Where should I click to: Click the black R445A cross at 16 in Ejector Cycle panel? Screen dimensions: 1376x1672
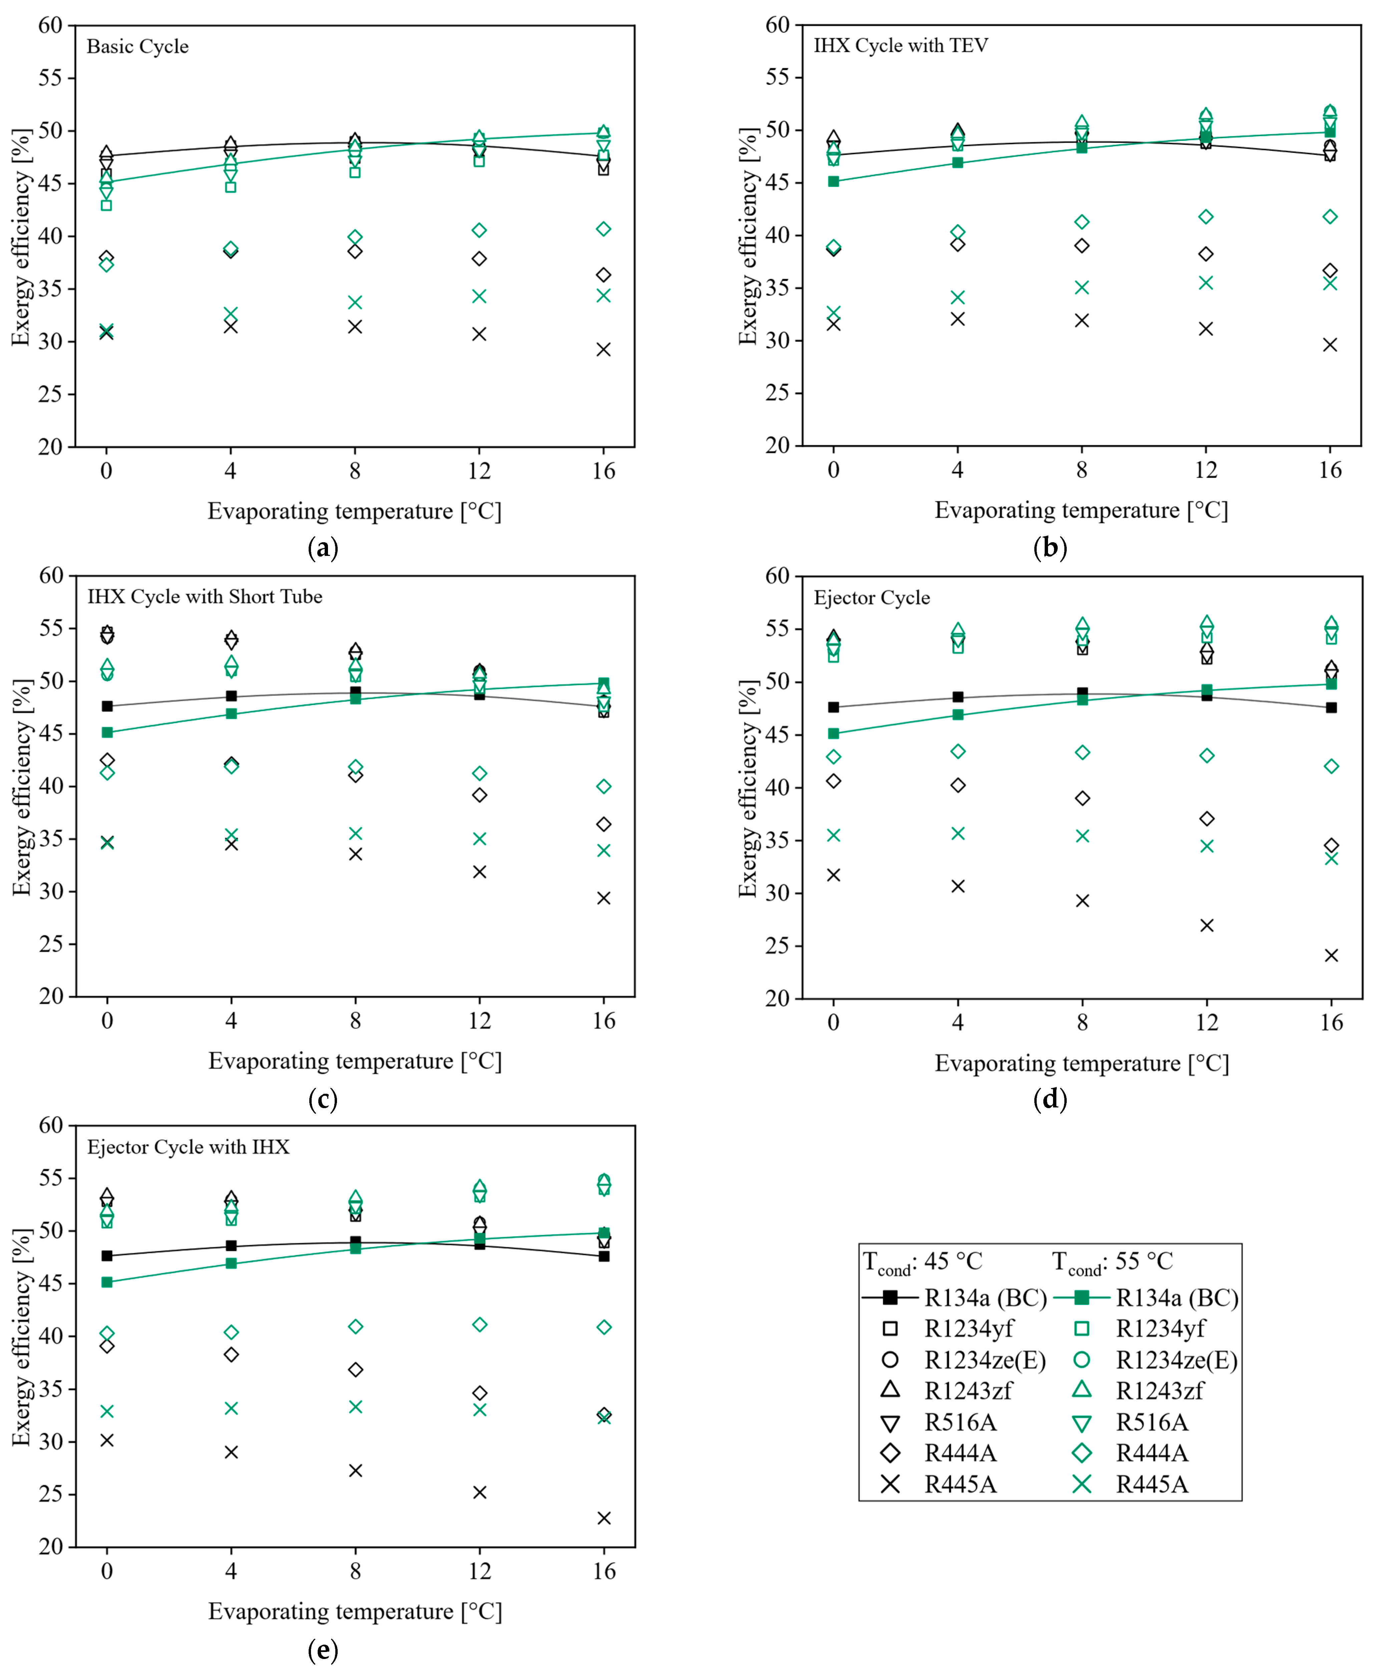(1331, 955)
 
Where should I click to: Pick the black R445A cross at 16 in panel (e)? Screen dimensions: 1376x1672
(604, 1518)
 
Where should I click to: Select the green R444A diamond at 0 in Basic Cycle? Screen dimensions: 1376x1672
(106, 264)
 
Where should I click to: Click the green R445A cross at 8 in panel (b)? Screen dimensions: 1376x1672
(1082, 287)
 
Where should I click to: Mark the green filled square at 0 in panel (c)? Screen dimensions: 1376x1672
(107, 732)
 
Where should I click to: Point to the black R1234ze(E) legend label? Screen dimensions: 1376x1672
(985, 1360)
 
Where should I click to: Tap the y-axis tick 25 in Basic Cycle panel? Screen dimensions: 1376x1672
(50, 394)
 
